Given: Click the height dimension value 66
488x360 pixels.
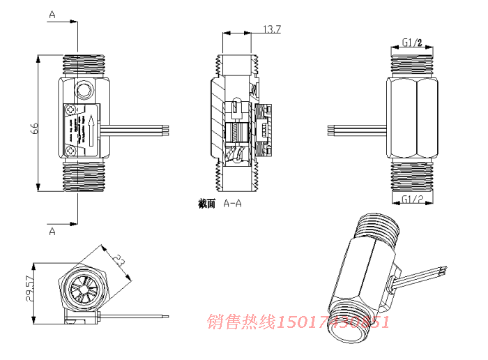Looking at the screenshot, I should (32, 128).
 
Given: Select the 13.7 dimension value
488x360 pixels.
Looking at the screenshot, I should (271, 29).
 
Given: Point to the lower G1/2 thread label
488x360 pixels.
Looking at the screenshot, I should (413, 200).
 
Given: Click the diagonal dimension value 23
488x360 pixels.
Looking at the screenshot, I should (119, 264).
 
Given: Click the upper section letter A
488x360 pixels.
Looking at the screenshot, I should (52, 15).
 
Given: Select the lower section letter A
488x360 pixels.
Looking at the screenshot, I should (52, 231).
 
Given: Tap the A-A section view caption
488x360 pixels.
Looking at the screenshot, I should (220, 204).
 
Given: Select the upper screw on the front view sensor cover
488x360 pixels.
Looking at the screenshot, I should (71, 110).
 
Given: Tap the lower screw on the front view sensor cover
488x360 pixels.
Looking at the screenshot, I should (71, 149).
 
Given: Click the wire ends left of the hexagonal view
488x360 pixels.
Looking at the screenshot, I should (333, 129).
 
